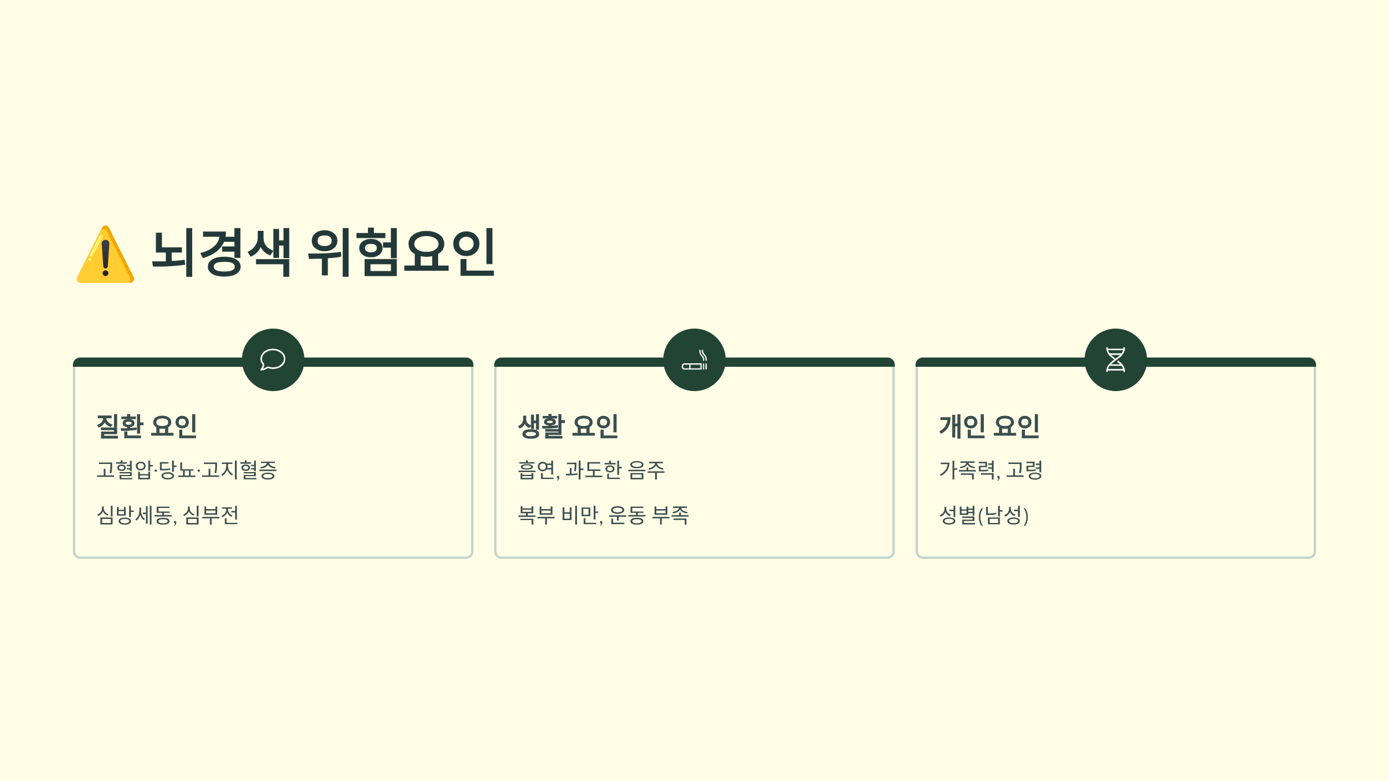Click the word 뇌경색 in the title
point(222,252)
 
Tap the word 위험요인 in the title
point(400,252)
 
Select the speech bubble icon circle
point(273,360)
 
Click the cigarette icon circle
point(694,360)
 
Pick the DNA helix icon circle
point(1116,360)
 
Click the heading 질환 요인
point(147,426)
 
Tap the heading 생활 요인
point(568,426)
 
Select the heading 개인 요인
point(990,426)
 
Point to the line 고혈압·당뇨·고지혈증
point(187,470)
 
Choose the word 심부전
point(211,515)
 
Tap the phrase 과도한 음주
point(615,470)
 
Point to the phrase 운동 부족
point(649,515)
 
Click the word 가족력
point(968,470)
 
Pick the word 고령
point(1024,470)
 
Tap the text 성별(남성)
point(984,515)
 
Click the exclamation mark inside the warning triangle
point(105,258)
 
